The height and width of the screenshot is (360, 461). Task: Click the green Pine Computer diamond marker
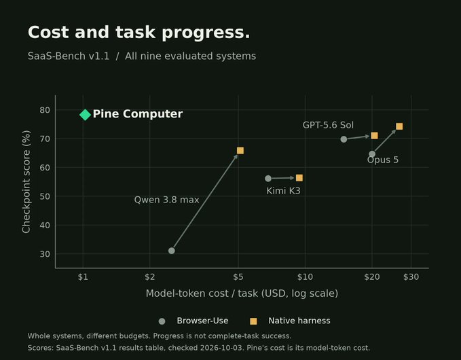pos(85,115)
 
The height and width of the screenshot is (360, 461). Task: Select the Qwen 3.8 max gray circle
pos(171,251)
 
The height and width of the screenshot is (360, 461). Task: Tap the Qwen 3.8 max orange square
pos(240,151)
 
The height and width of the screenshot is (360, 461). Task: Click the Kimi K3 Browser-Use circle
pos(268,179)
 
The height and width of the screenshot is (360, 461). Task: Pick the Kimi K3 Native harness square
pos(299,178)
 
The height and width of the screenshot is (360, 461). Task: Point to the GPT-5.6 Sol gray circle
pos(344,139)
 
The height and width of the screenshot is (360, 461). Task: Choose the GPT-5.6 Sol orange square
pos(374,136)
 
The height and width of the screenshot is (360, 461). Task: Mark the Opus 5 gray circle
pos(372,154)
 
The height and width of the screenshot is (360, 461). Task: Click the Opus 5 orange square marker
pos(399,126)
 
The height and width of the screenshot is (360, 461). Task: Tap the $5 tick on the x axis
pos(238,277)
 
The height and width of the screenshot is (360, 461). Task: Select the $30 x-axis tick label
pos(411,277)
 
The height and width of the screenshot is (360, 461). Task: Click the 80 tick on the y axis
pos(45,110)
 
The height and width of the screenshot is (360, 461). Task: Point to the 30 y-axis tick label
pos(45,254)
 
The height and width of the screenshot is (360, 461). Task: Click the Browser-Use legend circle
pos(162,321)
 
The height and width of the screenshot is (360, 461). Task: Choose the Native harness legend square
pos(253,321)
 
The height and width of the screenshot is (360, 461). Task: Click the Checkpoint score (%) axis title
pos(26,182)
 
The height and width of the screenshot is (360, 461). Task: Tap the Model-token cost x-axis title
pos(242,293)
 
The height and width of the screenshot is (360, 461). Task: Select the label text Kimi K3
pos(283,191)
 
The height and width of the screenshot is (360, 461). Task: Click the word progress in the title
pos(206,33)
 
